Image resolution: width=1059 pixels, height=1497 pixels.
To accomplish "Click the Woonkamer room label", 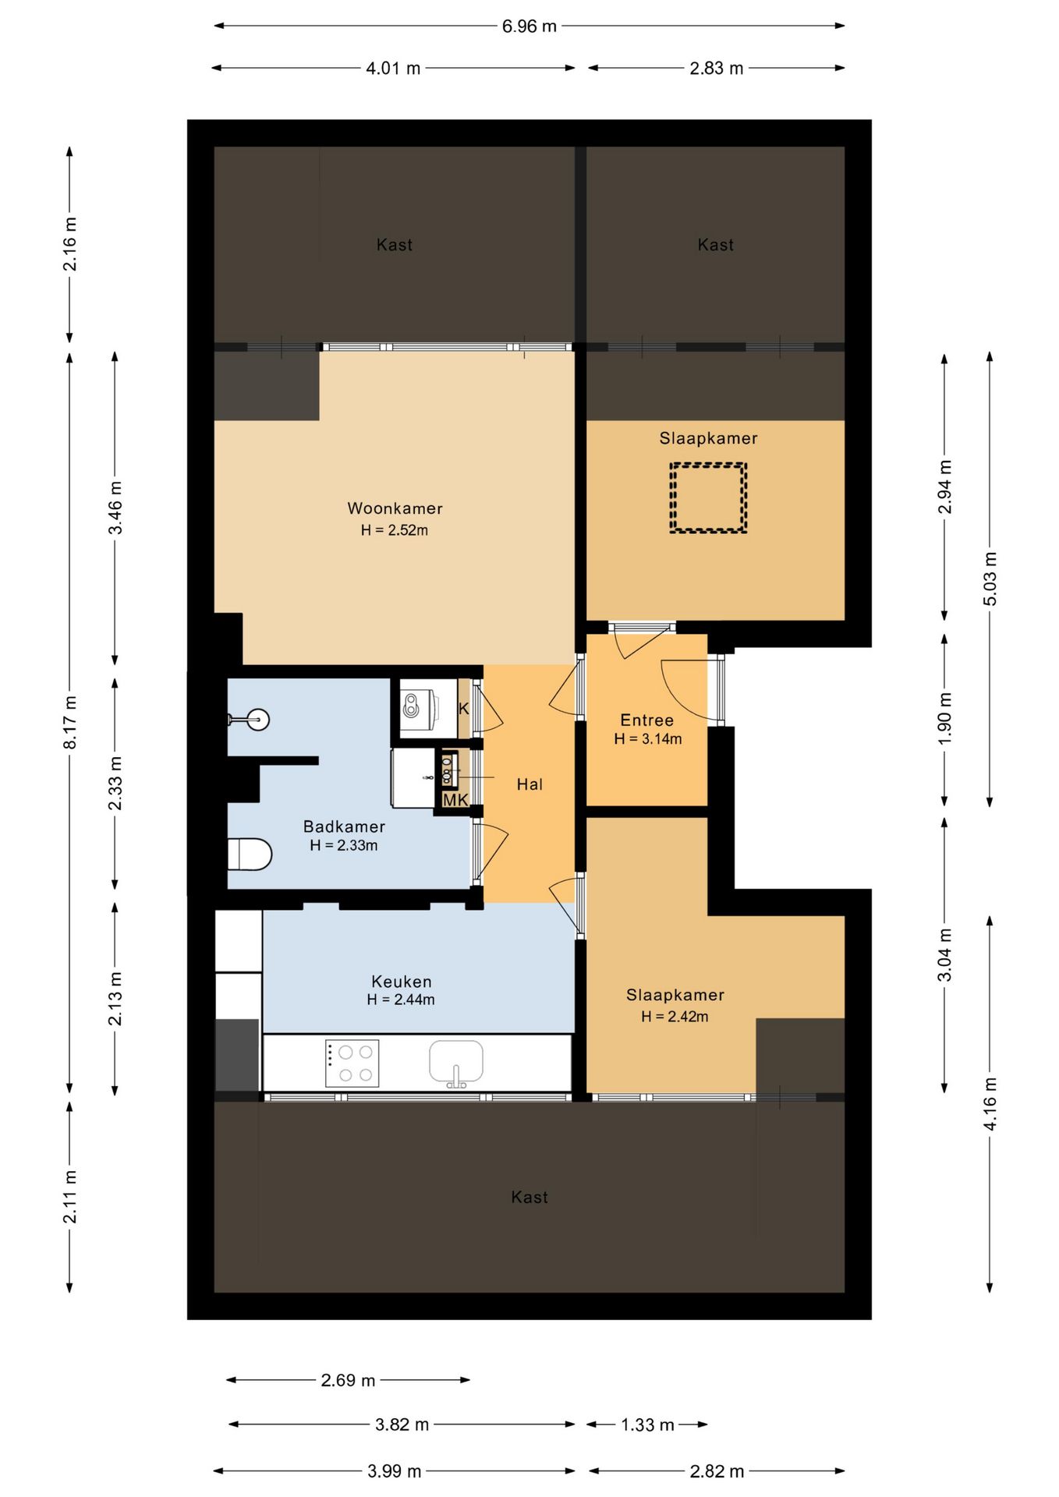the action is (x=395, y=508).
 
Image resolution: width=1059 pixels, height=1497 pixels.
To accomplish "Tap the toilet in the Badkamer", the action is (x=250, y=854).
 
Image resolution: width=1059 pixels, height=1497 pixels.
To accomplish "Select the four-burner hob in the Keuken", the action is (x=352, y=1063).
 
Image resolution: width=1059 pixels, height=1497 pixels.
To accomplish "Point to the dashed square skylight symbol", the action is (x=708, y=498).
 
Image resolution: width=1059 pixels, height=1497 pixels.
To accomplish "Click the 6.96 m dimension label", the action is (x=529, y=26).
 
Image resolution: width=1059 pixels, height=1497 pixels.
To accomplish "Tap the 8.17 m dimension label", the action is (x=70, y=722).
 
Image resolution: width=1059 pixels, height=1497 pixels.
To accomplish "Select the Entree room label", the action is (x=646, y=720).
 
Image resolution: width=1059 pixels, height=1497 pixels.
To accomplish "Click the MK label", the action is (x=455, y=800).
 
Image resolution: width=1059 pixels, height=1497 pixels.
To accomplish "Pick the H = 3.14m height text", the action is (x=648, y=739).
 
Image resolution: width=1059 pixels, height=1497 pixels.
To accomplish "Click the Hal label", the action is (x=529, y=784).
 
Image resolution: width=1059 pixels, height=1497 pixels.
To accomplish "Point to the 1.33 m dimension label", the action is (x=647, y=1424).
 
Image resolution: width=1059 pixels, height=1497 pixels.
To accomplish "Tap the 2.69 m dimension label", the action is (x=348, y=1380).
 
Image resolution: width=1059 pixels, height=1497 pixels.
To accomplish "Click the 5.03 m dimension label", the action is (x=990, y=579).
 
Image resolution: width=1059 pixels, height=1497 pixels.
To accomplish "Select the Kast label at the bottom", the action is (x=529, y=1197).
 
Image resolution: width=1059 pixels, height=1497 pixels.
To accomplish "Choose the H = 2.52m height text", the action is (x=395, y=530).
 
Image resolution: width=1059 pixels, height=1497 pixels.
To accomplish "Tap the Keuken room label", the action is (x=402, y=982).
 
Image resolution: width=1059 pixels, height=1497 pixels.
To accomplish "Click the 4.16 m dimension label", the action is (x=990, y=1103).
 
